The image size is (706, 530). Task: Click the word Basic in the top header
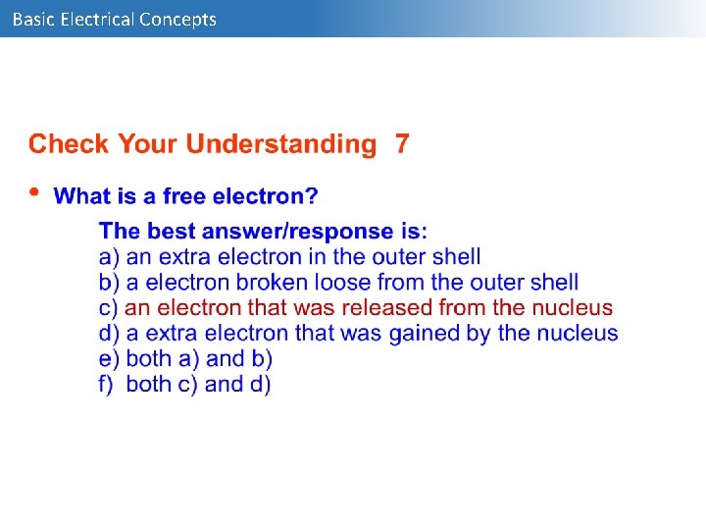(x=32, y=19)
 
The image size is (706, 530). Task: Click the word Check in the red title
(x=69, y=144)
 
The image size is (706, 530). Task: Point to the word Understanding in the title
(x=280, y=144)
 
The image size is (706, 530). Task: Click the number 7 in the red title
(x=402, y=144)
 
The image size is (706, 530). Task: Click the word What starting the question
(x=81, y=196)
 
